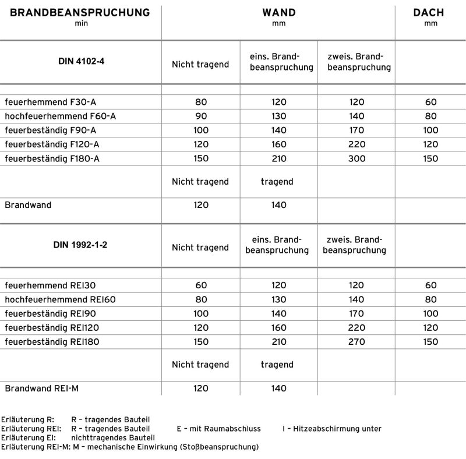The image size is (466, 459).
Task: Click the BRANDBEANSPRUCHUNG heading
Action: coord(80,12)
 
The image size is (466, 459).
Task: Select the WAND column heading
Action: coord(278,12)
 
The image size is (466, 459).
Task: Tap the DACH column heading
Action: coord(430,12)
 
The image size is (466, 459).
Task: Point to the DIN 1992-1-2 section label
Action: coord(80,245)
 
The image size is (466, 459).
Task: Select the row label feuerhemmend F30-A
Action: coord(46,102)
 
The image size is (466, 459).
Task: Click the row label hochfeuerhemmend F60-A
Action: coord(60,116)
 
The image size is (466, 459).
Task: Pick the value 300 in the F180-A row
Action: coord(356,158)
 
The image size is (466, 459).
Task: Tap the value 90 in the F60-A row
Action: coord(201,116)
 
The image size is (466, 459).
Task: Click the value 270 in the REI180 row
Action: coord(356,341)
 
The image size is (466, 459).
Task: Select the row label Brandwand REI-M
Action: coord(41,388)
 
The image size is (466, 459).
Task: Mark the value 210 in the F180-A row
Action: coord(279,158)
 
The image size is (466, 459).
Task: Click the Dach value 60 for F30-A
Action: coord(430,102)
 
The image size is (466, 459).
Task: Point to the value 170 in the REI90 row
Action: coord(356,313)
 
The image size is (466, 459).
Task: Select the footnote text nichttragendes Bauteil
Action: coord(113,437)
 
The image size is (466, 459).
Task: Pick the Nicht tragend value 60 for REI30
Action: coord(201,285)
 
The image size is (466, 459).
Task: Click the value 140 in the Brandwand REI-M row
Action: coord(279,388)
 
